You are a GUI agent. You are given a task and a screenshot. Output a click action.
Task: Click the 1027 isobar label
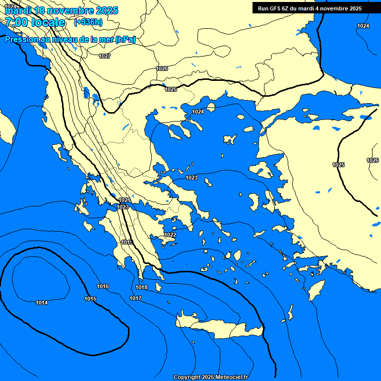point(105,56)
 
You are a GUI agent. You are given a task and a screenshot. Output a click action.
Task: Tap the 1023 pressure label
point(191,178)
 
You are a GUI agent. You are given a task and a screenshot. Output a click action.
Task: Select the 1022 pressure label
point(170,235)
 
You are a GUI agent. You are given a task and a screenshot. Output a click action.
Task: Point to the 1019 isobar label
point(127,242)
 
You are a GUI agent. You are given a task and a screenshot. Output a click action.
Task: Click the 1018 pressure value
point(141,287)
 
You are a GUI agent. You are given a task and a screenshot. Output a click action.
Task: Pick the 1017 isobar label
point(135,298)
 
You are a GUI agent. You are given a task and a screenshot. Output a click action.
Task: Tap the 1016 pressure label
point(103,286)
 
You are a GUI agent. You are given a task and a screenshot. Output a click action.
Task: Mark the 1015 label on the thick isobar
point(90,299)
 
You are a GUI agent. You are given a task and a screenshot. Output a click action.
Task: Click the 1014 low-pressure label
point(42,303)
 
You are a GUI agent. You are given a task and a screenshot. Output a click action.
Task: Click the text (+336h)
point(88,22)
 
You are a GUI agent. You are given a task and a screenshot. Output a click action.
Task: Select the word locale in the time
point(48,22)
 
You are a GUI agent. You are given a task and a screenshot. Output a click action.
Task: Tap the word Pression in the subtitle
point(22,39)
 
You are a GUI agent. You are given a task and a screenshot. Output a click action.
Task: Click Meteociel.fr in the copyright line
point(230,377)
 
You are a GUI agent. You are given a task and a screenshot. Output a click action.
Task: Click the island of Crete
point(218,327)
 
